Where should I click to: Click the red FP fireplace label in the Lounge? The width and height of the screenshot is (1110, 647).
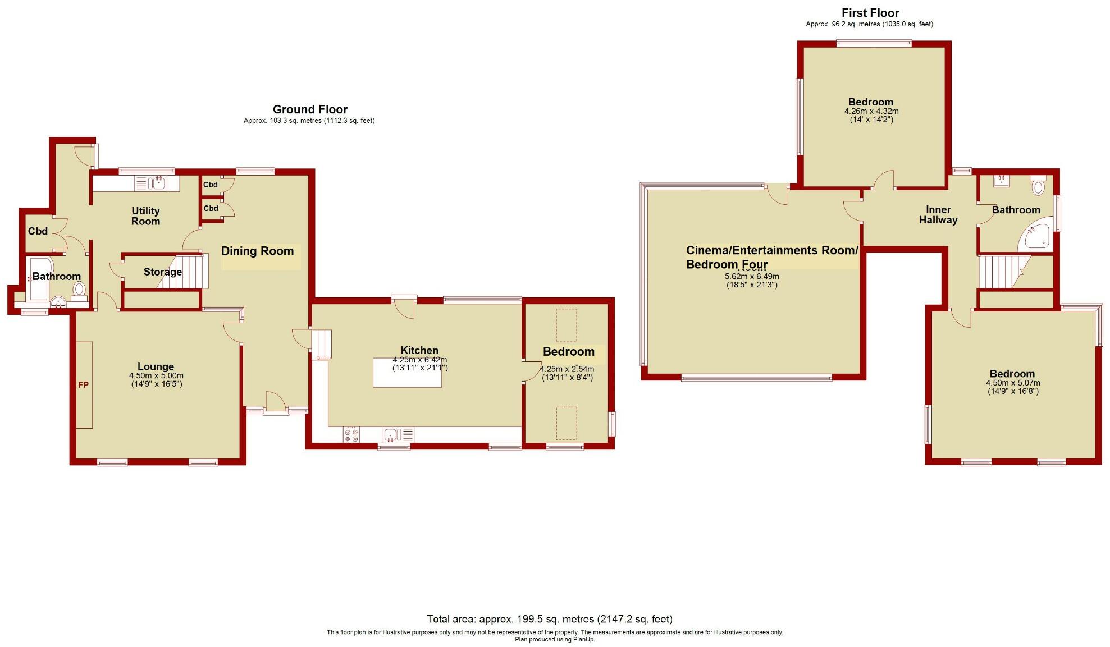click(83, 385)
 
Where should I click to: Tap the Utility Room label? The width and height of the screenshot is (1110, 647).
click(145, 216)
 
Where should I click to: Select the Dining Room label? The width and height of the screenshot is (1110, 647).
click(257, 251)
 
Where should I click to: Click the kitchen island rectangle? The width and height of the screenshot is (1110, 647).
click(407, 372)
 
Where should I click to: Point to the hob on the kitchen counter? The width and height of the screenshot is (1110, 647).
click(352, 434)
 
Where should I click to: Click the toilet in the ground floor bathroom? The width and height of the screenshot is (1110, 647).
click(79, 290)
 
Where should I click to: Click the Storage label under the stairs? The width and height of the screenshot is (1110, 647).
click(162, 272)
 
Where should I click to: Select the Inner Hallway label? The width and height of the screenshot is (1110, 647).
click(938, 215)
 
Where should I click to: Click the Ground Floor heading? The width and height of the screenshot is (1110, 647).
click(310, 109)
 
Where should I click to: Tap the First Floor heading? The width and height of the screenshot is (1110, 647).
click(870, 13)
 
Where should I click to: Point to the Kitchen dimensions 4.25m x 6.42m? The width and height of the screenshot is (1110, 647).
click(419, 360)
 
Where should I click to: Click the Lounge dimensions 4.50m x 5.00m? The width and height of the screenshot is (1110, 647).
click(156, 376)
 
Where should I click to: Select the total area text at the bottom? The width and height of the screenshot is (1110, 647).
click(549, 619)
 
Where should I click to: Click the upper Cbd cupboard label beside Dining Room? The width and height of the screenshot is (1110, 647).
click(211, 185)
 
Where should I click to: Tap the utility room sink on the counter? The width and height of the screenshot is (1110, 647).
click(159, 182)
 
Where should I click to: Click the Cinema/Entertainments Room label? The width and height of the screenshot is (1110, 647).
click(772, 251)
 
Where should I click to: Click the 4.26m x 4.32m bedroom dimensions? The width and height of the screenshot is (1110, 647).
click(871, 111)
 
